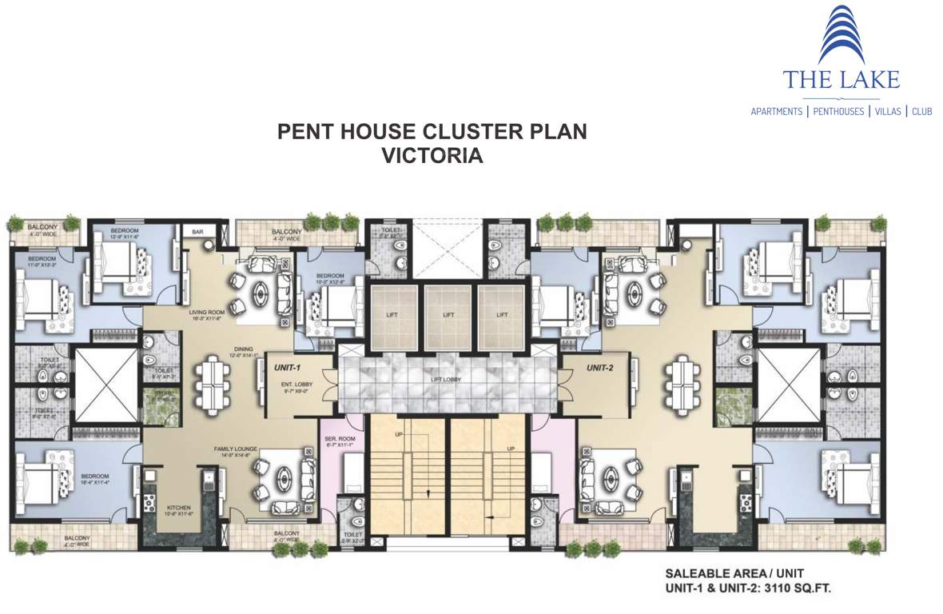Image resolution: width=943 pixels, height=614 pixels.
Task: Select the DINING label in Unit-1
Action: (x=244, y=349)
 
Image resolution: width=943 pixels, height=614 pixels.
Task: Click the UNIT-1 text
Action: (x=287, y=368)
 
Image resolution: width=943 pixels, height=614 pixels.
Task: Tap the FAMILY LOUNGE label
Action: (x=234, y=449)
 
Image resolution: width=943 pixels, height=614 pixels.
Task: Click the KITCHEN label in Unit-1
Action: (x=177, y=509)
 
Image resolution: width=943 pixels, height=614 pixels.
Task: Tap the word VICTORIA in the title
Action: (x=432, y=155)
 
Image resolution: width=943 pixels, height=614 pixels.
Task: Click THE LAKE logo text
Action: (x=841, y=79)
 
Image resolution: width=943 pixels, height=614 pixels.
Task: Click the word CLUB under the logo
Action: (x=921, y=112)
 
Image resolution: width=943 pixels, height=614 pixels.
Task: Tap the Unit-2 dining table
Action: (x=681, y=381)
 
